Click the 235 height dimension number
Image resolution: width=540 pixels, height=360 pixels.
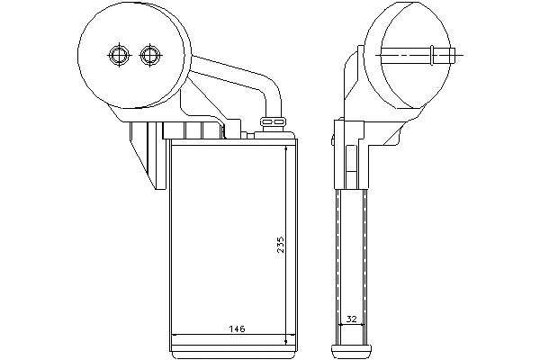coord(282,245)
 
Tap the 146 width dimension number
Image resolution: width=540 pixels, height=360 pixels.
coord(238,329)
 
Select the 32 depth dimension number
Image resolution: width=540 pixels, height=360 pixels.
coord(352,319)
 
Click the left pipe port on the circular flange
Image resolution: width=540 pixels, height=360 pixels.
coord(119,55)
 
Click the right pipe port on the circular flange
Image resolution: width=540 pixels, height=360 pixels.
coord(149,55)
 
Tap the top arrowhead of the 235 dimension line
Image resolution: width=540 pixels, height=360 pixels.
coord(286,148)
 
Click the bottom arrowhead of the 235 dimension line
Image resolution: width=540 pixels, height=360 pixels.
coord(286,342)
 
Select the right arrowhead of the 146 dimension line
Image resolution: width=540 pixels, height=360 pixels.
coord(292,334)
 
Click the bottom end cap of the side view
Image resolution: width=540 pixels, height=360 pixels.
coord(352,351)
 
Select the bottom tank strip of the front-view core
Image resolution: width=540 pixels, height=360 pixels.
coord(233,351)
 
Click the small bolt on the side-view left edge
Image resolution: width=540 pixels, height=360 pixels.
coord(333,141)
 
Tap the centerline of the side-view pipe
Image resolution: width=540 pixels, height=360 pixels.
coord(421,55)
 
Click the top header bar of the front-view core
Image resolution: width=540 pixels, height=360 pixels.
coord(233,142)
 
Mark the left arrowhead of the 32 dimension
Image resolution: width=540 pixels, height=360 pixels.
coord(342,324)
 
